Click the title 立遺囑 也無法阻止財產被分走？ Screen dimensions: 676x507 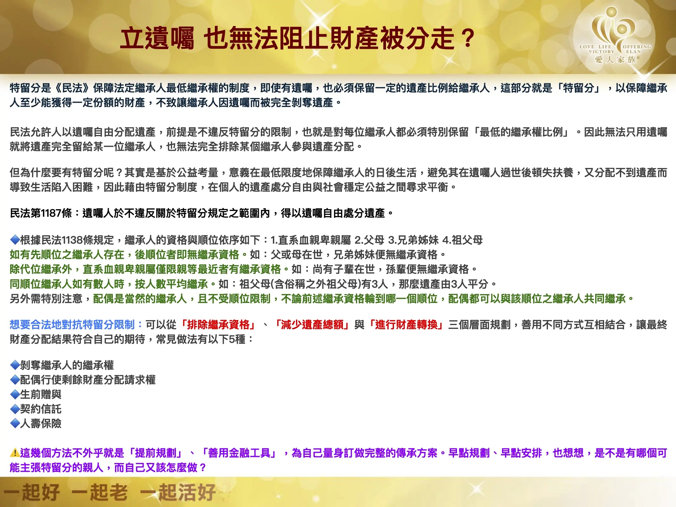pos(297,38)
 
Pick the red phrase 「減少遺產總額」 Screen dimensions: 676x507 pos(312,325)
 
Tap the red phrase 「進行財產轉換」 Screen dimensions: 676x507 pos(406,325)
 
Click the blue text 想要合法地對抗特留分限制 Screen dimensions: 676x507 pos(72,325)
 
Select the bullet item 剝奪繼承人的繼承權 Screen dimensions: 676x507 pos(67,365)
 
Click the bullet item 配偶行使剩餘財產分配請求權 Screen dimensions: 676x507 pos(88,380)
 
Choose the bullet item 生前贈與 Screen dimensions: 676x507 pos(41,395)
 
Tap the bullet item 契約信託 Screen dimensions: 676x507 pos(41,409)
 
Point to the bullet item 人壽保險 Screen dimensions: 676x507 pos(41,424)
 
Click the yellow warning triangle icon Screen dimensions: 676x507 pos(15,453)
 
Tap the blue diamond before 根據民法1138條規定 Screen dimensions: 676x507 pos(15,240)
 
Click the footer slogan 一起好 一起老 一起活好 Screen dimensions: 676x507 pos(110,492)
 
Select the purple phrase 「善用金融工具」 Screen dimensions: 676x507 pos(239,453)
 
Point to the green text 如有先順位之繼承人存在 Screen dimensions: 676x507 pos(67,255)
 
